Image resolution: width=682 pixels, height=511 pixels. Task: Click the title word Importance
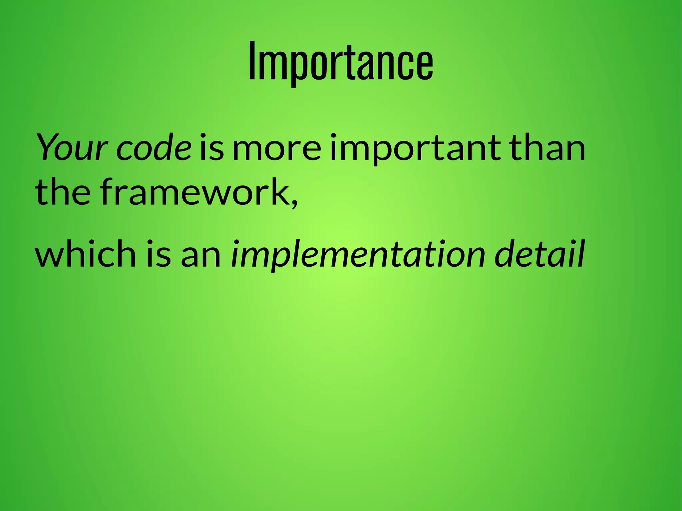[341, 62]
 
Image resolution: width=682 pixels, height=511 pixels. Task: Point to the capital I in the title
[252, 62]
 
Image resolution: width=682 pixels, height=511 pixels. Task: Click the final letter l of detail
[581, 253]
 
